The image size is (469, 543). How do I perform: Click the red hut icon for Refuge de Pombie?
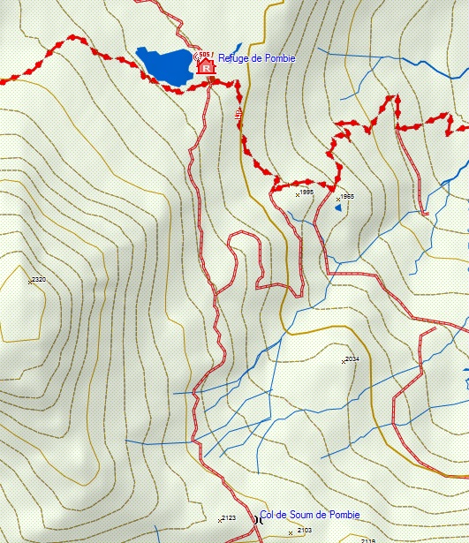click(207, 66)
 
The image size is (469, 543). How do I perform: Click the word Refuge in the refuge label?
click(233, 57)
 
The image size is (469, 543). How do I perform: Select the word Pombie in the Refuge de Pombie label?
click(279, 57)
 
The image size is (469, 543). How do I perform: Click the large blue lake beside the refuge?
click(166, 66)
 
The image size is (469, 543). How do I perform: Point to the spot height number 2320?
click(39, 280)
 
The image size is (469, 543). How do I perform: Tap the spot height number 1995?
click(307, 191)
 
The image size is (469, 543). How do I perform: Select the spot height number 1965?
click(347, 196)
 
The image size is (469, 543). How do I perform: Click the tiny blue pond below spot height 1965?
click(337, 210)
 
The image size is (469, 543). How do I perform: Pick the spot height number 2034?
click(352, 358)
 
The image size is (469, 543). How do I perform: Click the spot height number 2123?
click(229, 517)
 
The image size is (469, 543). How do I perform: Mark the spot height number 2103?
click(305, 530)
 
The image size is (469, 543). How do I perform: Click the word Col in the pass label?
click(268, 515)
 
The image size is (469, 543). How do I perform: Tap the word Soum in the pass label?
click(302, 515)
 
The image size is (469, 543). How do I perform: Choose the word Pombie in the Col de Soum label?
click(344, 515)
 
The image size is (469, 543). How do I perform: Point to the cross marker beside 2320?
click(30, 283)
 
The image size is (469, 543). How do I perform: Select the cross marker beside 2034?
click(344, 361)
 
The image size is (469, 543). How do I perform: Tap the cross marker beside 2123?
click(220, 520)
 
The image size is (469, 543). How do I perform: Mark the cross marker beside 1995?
click(298, 194)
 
